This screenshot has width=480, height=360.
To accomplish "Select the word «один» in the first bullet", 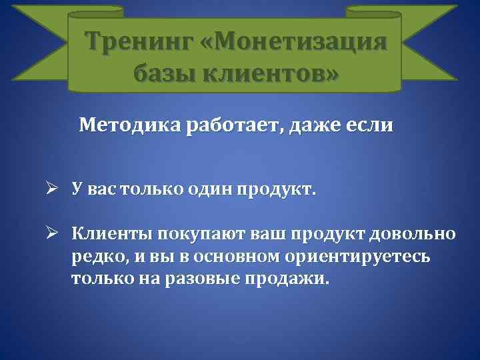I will (x=224, y=191).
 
